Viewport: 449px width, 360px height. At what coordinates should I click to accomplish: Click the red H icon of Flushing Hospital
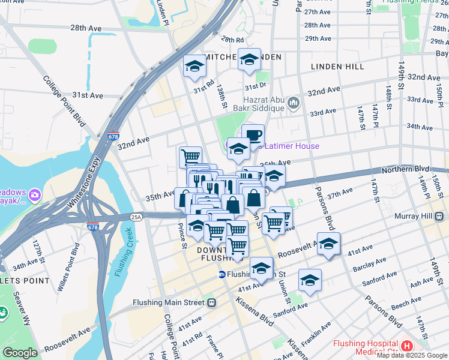pos(407,346)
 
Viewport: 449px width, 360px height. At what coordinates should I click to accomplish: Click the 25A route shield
pos(137,217)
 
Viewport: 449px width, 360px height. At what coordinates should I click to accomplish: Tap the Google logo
pos(20,353)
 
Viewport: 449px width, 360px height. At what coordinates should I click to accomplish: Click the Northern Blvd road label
pos(414,170)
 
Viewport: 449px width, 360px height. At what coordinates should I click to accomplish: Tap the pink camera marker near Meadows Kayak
pos(35,195)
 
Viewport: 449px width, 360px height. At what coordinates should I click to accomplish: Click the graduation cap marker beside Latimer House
pos(238,149)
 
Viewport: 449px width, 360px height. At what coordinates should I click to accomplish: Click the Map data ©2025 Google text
pos(411,355)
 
